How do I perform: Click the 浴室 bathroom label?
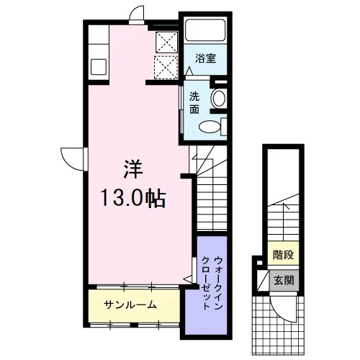tap(205, 58)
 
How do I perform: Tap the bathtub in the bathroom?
tap(205, 30)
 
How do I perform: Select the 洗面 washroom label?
tap(194, 103)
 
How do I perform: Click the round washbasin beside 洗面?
tap(218, 98)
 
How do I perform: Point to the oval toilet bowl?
tap(210, 127)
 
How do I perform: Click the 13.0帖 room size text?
tap(133, 198)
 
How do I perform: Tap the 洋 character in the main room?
tap(133, 169)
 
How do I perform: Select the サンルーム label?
tap(130, 305)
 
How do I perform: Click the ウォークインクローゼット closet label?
tap(212, 283)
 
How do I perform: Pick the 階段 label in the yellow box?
tap(283, 255)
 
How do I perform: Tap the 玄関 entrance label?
tap(284, 280)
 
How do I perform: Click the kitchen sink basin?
tap(99, 67)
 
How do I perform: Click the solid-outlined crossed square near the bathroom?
tap(166, 42)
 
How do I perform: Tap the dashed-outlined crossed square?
tap(166, 67)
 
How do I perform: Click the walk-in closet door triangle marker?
tap(188, 279)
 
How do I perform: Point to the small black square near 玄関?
tap(259, 262)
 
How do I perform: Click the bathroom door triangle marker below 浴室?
tap(189, 71)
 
